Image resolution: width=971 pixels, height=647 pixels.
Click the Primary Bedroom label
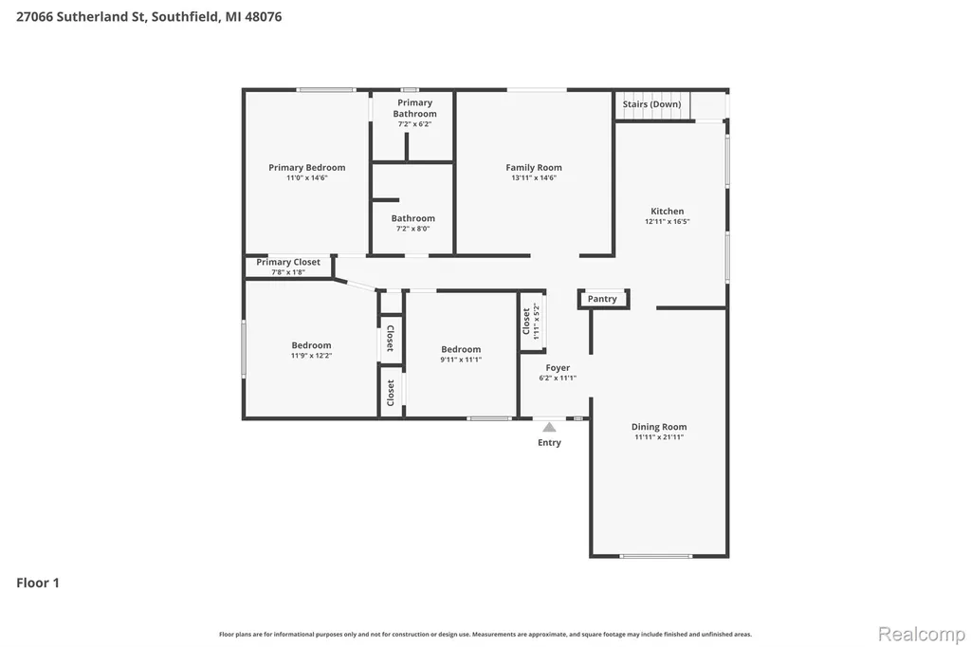pyautogui.click(x=306, y=167)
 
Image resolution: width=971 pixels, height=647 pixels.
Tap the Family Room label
pyautogui.click(x=534, y=167)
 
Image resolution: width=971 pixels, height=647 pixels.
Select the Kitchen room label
pyautogui.click(x=667, y=211)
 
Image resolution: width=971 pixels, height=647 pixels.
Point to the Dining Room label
pyautogui.click(x=659, y=426)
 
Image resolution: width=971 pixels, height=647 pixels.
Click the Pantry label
pyautogui.click(x=602, y=299)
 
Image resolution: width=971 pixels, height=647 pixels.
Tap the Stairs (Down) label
pyautogui.click(x=651, y=104)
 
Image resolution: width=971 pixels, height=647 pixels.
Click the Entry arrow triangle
pyautogui.click(x=549, y=427)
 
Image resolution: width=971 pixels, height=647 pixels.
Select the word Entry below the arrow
pyautogui.click(x=549, y=442)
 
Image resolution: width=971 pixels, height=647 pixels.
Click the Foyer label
pyautogui.click(x=558, y=367)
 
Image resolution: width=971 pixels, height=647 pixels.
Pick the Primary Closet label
pyautogui.click(x=288, y=262)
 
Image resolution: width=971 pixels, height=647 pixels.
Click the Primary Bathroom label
pyautogui.click(x=414, y=108)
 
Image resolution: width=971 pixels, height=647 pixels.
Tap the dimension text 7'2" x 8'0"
pyautogui.click(x=412, y=229)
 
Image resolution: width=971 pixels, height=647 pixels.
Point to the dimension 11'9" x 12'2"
pyautogui.click(x=311, y=356)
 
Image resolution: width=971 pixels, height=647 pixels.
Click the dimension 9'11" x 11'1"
pyautogui.click(x=461, y=360)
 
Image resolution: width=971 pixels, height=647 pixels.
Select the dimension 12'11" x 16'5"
pyautogui.click(x=667, y=221)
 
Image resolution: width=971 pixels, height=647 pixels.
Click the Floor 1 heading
pyautogui.click(x=38, y=582)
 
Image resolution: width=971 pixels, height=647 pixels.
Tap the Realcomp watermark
pyautogui.click(x=922, y=634)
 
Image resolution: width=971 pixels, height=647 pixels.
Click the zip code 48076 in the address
pyautogui.click(x=264, y=17)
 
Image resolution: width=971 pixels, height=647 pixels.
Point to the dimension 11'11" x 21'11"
pyautogui.click(x=659, y=437)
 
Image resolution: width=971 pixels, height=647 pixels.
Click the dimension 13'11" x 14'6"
pyautogui.click(x=534, y=177)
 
